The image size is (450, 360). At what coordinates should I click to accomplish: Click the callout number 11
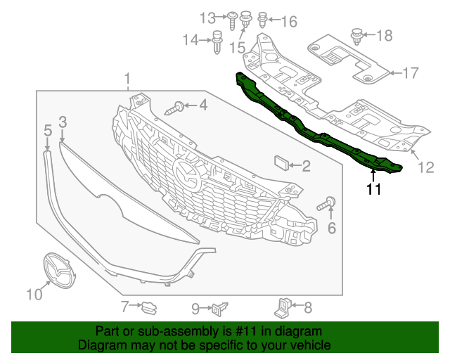click(x=373, y=188)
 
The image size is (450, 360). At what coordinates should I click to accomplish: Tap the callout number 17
click(x=410, y=72)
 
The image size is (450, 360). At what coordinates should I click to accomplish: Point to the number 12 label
click(x=427, y=167)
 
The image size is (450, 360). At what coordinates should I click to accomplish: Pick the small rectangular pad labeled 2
click(x=281, y=165)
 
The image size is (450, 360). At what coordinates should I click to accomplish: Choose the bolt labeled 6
click(x=327, y=205)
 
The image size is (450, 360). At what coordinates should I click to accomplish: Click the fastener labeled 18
click(x=356, y=33)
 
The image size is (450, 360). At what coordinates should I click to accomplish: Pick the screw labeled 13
click(x=231, y=17)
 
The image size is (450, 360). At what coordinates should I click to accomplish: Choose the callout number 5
click(x=48, y=130)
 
